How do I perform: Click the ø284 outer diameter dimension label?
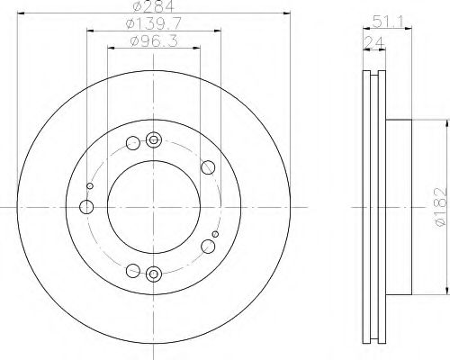[x=153, y=6]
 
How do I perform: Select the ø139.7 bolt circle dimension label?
[x=153, y=23]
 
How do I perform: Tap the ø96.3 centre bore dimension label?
[x=154, y=40]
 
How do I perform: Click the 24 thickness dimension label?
[x=373, y=42]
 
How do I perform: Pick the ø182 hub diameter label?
[x=440, y=207]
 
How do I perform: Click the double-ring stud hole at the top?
[x=154, y=139]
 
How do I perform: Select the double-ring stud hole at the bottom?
[x=154, y=274]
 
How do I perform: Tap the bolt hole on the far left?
[x=86, y=207]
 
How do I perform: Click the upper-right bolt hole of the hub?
[x=208, y=167]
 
